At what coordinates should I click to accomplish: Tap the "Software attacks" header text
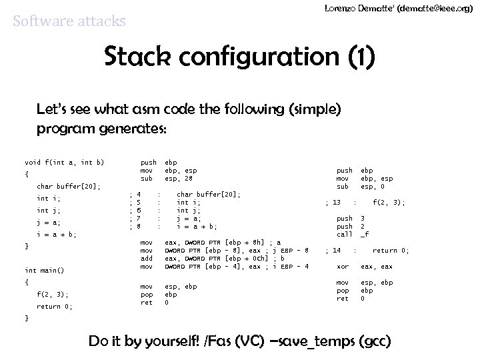point(69,21)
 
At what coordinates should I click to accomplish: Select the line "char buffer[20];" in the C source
point(69,187)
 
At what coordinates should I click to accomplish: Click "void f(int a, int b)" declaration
point(64,163)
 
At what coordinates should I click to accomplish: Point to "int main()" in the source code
point(45,270)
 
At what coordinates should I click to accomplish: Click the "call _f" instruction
point(353,235)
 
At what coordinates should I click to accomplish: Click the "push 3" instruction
point(351,219)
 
